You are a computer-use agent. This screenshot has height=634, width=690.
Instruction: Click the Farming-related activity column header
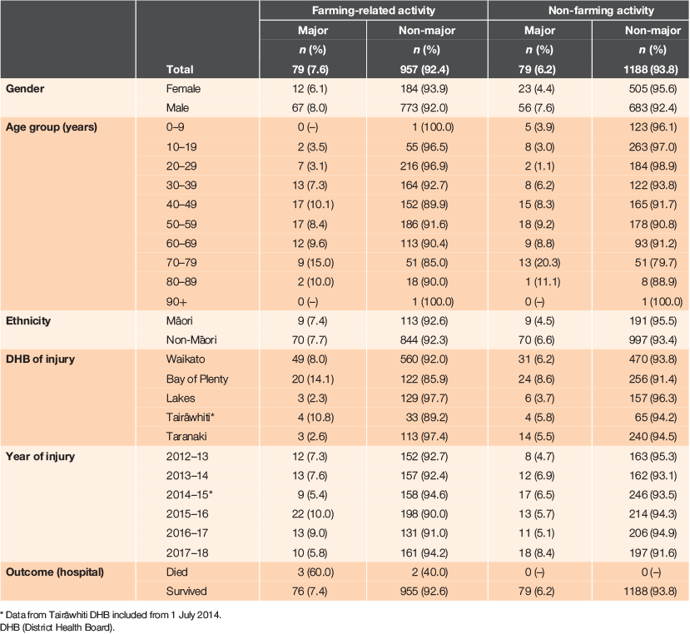[373, 11]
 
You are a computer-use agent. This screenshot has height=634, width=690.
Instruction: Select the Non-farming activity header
[601, 11]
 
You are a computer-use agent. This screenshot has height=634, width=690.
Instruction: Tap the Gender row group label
[25, 88]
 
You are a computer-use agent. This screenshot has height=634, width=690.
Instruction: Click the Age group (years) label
[51, 127]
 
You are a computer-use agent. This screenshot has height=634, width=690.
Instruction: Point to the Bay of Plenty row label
[196, 379]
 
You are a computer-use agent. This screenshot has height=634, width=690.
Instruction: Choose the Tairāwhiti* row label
[190, 417]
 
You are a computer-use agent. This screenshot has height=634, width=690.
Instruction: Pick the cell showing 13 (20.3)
[539, 263]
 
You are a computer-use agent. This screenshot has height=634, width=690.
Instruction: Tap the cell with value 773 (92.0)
[424, 108]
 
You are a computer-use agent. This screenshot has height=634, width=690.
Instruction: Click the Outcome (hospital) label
[55, 572]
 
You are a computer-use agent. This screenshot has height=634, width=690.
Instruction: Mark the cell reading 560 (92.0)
[424, 359]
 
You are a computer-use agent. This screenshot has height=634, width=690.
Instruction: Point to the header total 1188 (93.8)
[650, 69]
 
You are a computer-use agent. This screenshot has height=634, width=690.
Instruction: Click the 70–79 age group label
[181, 263]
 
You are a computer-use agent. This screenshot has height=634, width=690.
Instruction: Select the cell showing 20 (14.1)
[312, 379]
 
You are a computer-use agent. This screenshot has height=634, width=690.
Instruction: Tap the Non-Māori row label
[191, 339]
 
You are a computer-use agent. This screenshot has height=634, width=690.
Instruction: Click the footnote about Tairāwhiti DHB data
[111, 615]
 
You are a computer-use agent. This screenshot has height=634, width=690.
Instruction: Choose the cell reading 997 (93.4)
[653, 339]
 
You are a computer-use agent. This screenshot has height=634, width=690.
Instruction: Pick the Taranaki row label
[186, 437]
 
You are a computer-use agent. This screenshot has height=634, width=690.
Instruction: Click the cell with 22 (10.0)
[312, 514]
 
